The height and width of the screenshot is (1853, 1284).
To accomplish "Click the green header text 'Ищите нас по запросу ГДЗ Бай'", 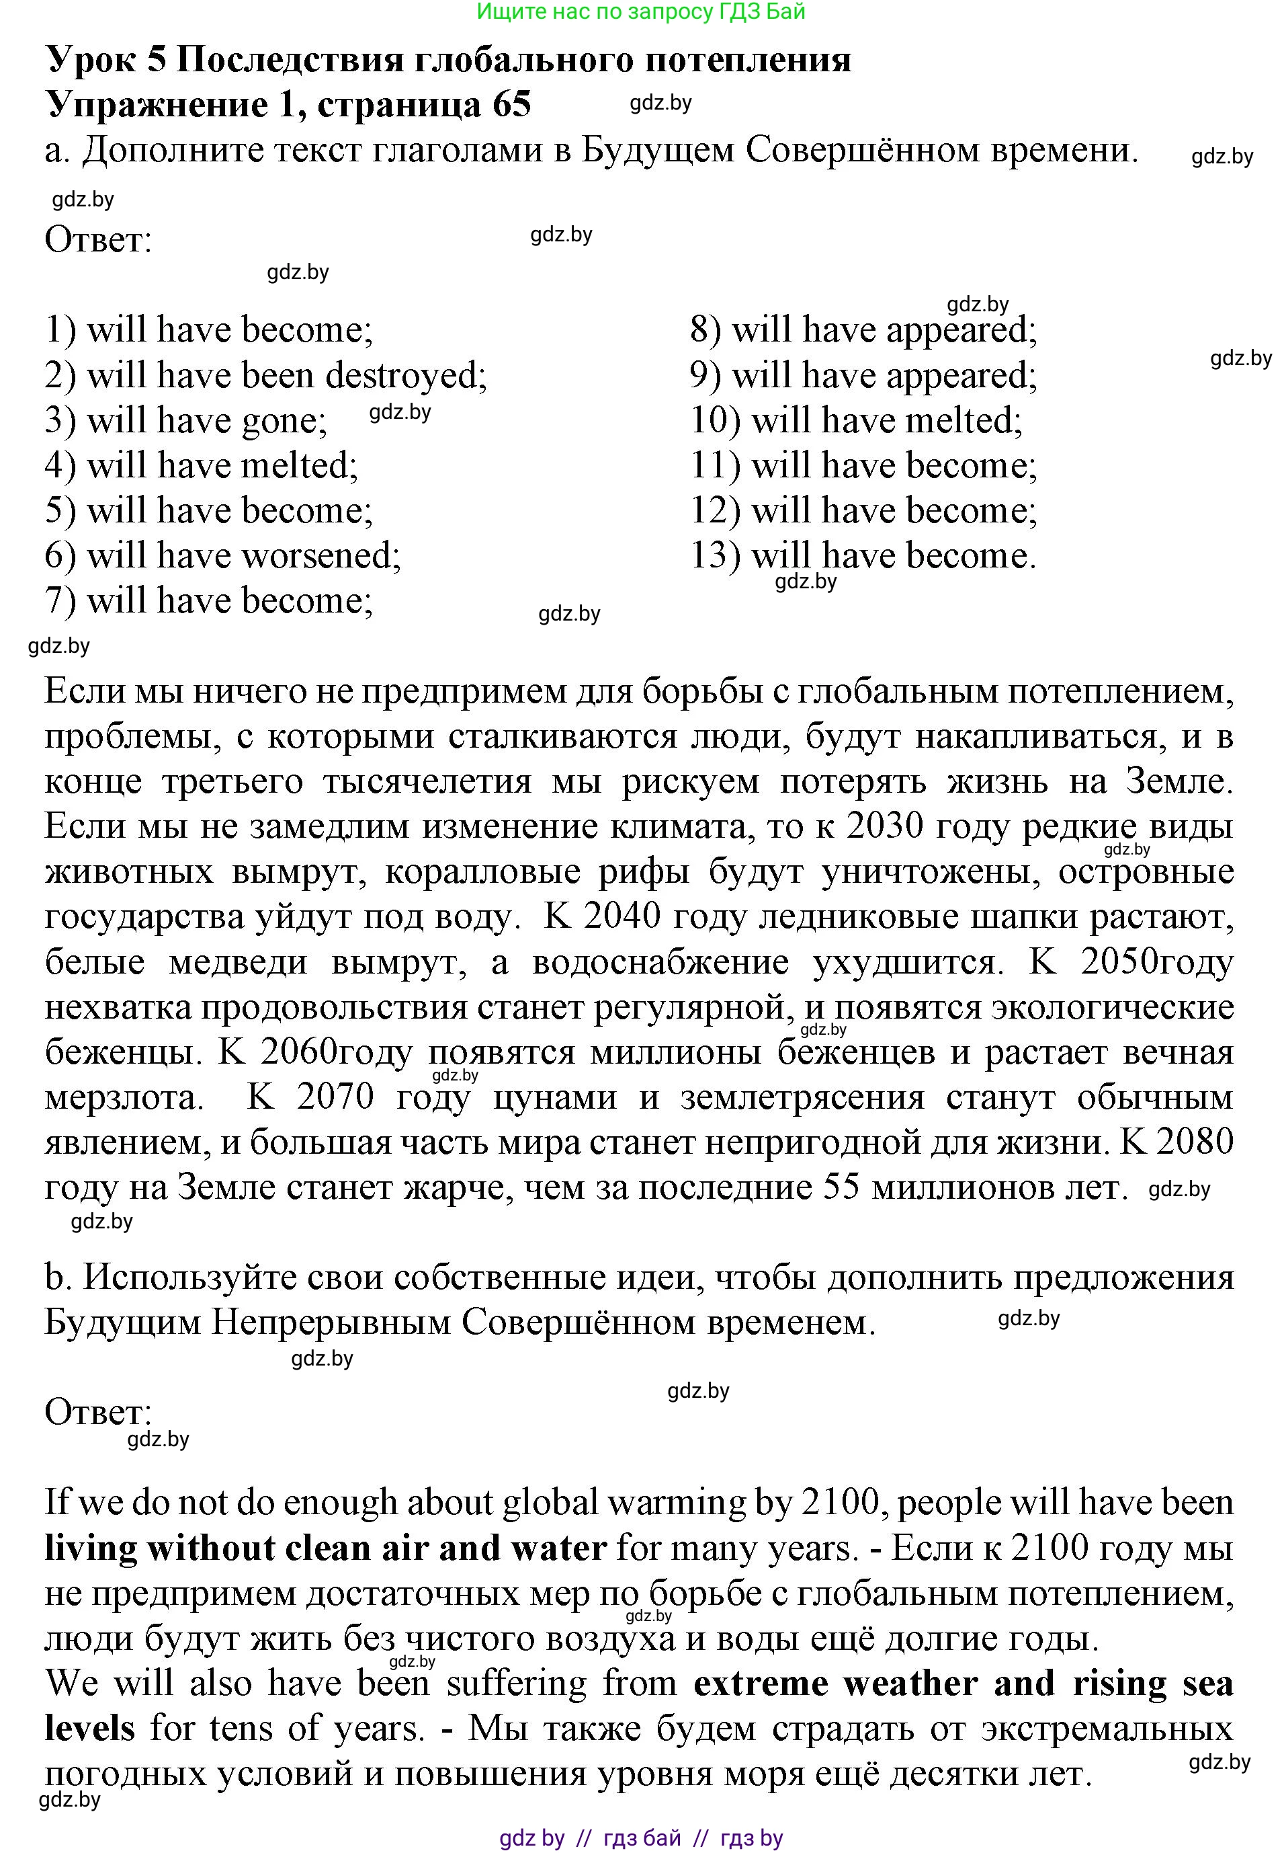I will tap(640, 12).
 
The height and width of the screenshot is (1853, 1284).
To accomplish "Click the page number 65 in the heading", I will tap(512, 105).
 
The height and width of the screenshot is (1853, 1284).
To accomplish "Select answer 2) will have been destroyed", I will tap(265, 376).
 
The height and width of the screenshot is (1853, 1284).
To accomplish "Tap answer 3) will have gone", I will tap(186, 421).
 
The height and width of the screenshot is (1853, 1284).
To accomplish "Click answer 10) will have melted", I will tap(856, 421).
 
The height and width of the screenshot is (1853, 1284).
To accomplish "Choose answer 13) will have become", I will tap(863, 556).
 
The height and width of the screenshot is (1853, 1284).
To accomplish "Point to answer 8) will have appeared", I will tap(863, 330).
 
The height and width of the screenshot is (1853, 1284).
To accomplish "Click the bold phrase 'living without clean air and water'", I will tap(325, 1548).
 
